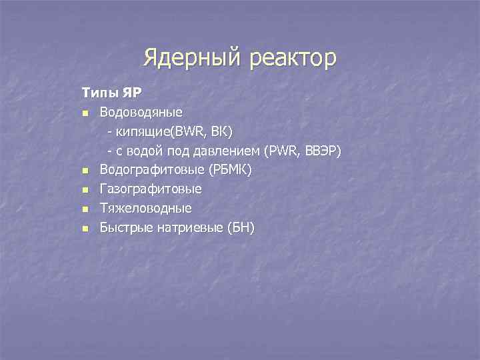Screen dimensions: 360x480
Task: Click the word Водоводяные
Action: pos(141,111)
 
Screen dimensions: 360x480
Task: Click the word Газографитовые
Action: pos(151,189)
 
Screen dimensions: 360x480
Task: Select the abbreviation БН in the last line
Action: pos(241,229)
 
